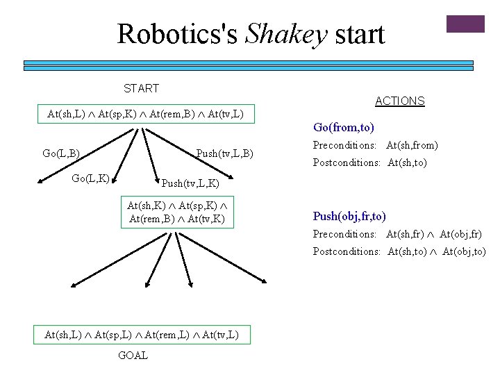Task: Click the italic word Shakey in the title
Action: click(286, 35)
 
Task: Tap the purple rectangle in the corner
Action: click(465, 24)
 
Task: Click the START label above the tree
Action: click(141, 88)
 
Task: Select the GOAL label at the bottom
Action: click(133, 356)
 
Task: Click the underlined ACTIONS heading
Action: click(400, 101)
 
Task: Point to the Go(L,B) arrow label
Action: click(61, 153)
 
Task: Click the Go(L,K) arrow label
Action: click(90, 178)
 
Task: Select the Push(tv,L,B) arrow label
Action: click(224, 153)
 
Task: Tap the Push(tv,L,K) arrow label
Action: click(190, 183)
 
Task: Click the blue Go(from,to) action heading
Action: click(344, 127)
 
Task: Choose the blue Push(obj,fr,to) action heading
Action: click(349, 216)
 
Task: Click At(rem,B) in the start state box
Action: click(172, 114)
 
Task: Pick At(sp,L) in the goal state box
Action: click(113, 335)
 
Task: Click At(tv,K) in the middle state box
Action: click(206, 219)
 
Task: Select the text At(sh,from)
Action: click(412, 145)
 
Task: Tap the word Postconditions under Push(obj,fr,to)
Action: click(347, 251)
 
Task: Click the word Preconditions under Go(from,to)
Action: click(344, 145)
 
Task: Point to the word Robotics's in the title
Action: click(177, 34)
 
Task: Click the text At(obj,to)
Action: click(464, 251)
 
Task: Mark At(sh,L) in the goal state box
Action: click(63, 335)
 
